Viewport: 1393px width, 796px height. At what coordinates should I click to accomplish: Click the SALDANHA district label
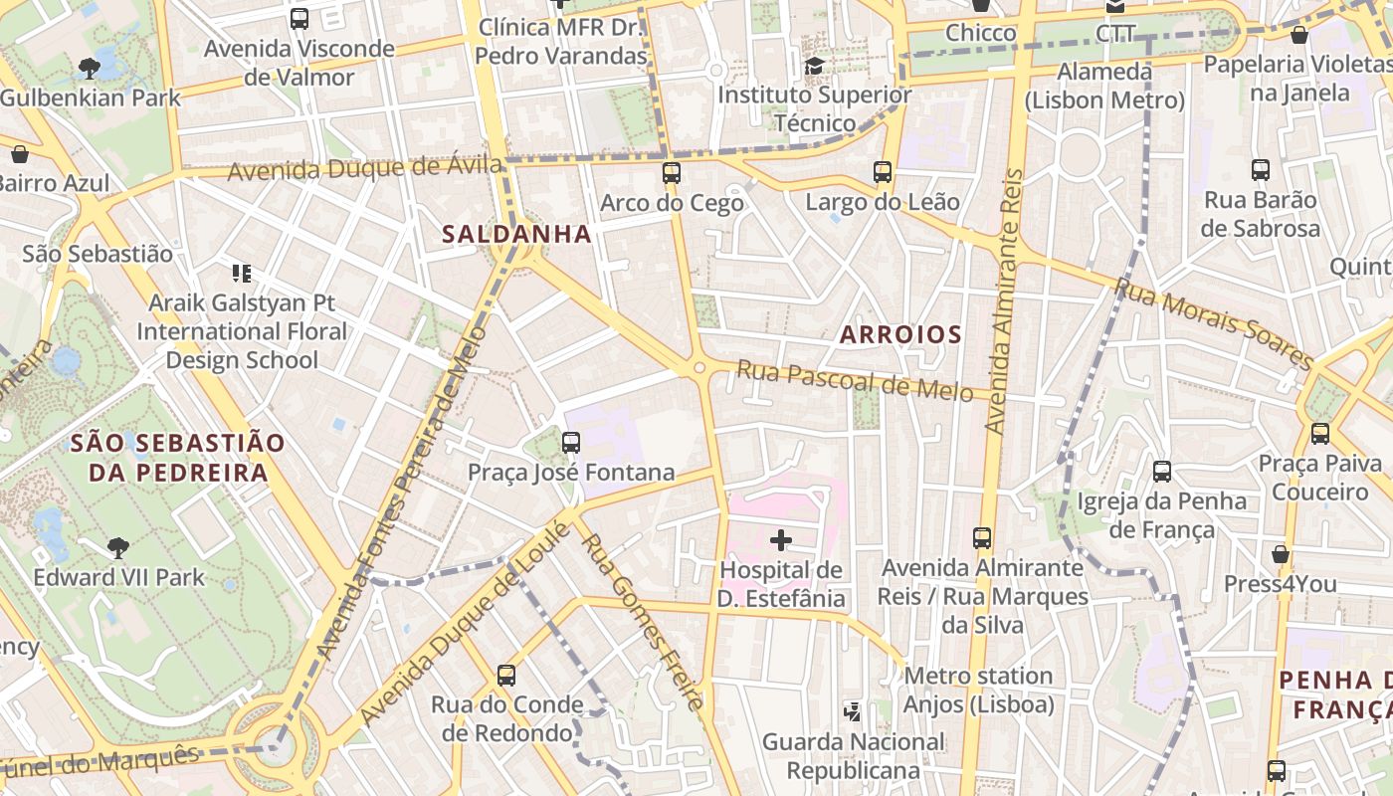[x=516, y=235]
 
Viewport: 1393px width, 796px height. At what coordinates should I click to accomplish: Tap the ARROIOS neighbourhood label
[x=900, y=334]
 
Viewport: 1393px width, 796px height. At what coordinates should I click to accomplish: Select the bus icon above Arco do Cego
[x=672, y=173]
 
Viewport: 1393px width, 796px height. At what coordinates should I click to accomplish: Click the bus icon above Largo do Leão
[x=883, y=172]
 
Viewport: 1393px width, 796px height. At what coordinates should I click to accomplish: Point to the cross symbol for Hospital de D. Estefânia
[x=781, y=540]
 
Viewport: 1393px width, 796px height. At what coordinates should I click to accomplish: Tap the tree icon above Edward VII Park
[x=118, y=547]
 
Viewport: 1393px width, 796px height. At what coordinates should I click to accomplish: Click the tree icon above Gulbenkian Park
[x=90, y=69]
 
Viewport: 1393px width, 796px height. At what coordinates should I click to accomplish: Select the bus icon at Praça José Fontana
[x=571, y=443]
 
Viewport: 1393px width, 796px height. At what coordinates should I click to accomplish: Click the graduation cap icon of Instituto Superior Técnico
[x=814, y=66]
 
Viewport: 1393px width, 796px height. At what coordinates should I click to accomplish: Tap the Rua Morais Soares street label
[x=1214, y=321]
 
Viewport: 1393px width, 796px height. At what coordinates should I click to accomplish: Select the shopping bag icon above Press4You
[x=1281, y=554]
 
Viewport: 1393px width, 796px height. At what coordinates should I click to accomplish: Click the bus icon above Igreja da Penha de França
[x=1162, y=472]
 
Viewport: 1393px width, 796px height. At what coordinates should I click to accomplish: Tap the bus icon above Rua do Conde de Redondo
[x=506, y=676]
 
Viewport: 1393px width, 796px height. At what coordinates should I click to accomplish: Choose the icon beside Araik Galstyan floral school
[x=241, y=273]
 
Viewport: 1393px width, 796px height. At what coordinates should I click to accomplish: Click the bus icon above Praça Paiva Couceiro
[x=1320, y=434]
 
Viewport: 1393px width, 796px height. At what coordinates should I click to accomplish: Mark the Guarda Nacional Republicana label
[x=854, y=756]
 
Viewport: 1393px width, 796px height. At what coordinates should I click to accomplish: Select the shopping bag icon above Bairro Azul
[x=19, y=154]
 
